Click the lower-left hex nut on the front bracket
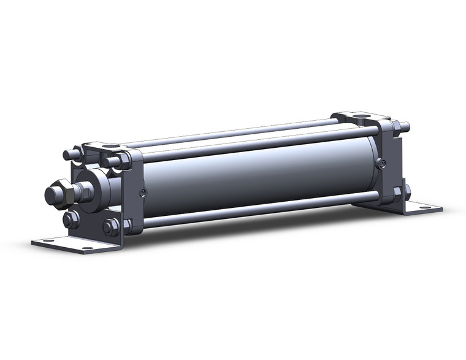(70, 220)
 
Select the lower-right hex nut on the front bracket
(111, 227)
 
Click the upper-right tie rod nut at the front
(113, 162)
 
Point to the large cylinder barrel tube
(258, 178)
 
